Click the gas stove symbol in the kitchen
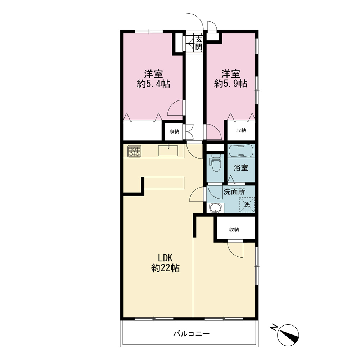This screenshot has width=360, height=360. coord(134,152)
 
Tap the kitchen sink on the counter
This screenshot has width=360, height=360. coord(168,150)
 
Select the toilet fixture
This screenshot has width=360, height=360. coord(215,163)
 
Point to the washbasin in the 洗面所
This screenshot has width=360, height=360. coord(216,208)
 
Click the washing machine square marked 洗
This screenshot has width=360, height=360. coord(247,205)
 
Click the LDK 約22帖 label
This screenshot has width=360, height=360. coord(165,263)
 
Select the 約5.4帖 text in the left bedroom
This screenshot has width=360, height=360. coord(153,84)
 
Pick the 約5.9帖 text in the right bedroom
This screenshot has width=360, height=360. coord(231,84)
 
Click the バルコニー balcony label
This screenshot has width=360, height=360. coord(191,333)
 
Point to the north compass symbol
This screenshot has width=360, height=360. coord(288,335)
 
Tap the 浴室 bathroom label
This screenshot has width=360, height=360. coord(241,168)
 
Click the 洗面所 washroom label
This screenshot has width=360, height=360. coord(234,192)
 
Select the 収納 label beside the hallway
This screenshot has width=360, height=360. coord(174,131)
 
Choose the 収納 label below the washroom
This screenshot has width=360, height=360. coord(234,229)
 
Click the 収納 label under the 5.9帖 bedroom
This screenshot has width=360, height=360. coord(241,130)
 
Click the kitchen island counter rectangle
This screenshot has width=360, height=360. coord(164,183)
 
